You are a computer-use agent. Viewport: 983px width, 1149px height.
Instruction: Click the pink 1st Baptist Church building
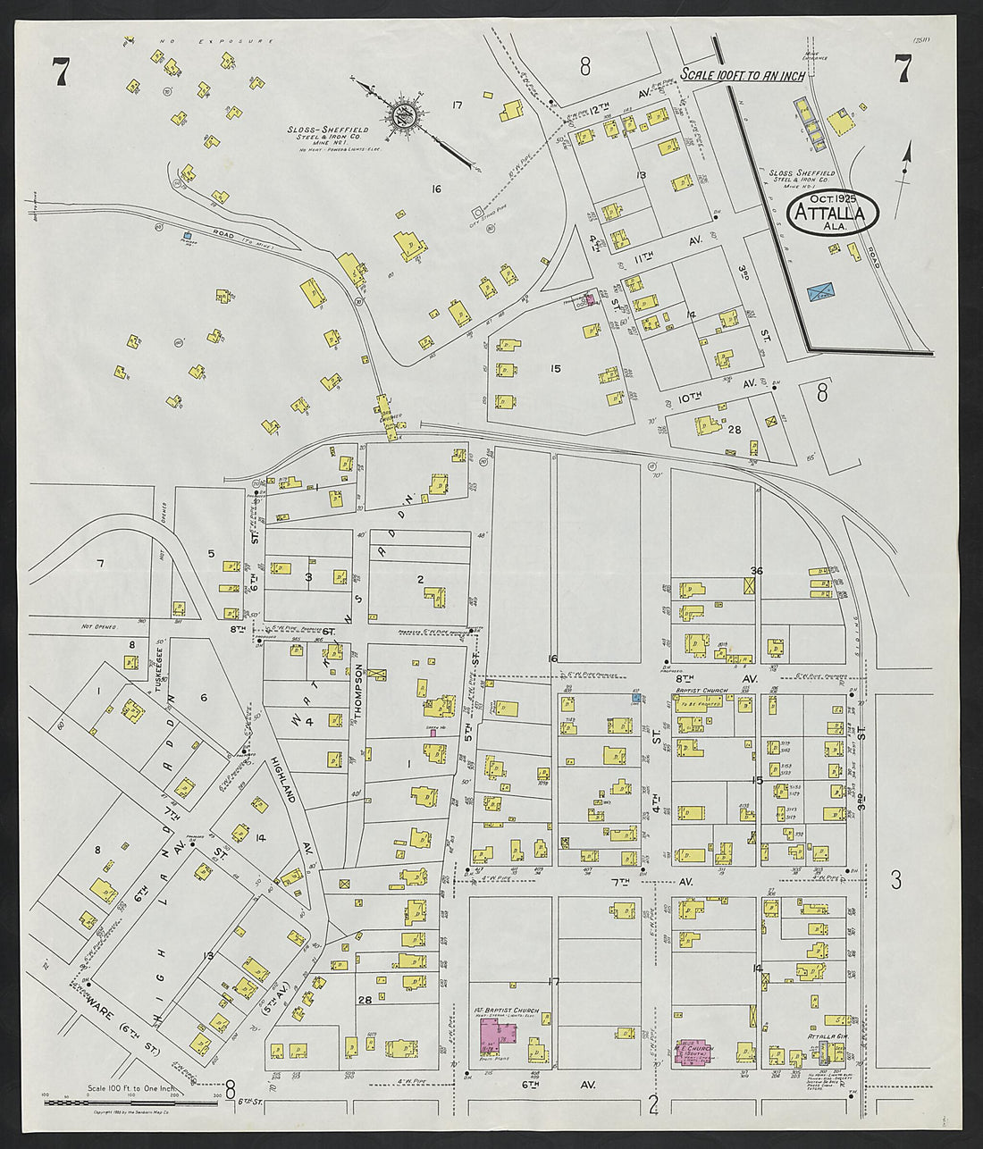pyautogui.click(x=500, y=1036)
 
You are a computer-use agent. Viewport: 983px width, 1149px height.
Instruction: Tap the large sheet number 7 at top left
pyautogui.click(x=60, y=71)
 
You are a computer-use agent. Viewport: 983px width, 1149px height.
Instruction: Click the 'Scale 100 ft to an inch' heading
pyautogui.click(x=743, y=75)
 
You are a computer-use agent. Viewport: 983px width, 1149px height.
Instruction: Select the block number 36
pyautogui.click(x=757, y=571)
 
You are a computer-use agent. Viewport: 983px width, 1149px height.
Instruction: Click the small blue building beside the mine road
pyautogui.click(x=188, y=237)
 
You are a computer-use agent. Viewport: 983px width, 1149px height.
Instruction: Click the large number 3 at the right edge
pyautogui.click(x=895, y=880)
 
